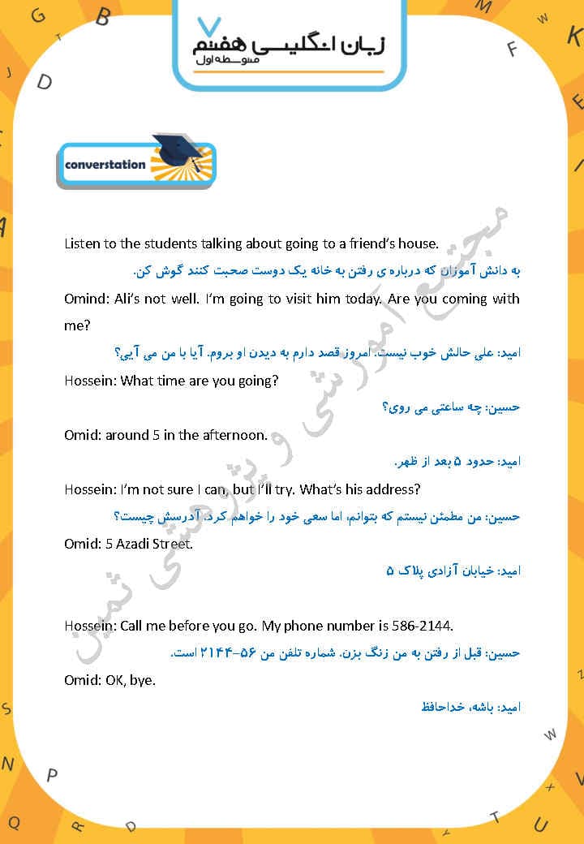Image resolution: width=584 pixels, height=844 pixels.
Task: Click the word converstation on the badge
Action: point(105,165)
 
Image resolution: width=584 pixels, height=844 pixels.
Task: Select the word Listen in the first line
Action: point(84,243)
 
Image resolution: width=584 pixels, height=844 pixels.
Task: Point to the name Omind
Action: point(84,299)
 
